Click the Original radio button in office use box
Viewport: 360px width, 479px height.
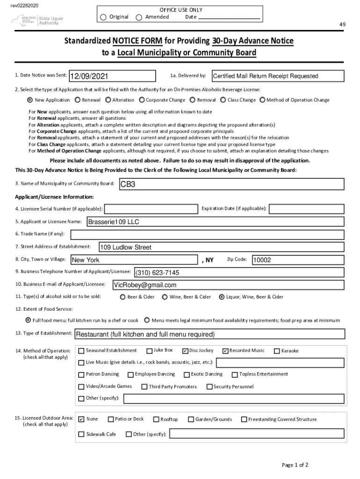pos(103,17)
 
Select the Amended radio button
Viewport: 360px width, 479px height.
pos(139,17)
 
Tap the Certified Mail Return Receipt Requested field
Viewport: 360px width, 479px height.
pos(278,76)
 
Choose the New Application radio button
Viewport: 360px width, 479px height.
pos(30,100)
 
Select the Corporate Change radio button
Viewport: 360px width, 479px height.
pos(142,100)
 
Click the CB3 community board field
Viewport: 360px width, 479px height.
pos(231,184)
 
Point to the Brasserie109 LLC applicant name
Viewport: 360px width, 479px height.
pos(114,222)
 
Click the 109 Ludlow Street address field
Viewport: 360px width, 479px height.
pos(125,247)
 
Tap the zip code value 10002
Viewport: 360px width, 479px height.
pos(262,260)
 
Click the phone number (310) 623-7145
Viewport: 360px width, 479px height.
pos(157,273)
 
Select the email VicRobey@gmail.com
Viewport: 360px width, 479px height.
pos(145,285)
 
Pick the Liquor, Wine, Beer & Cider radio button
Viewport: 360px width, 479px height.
pos(222,297)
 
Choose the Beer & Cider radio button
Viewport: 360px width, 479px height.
pos(123,297)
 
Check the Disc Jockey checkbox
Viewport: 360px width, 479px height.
pos(185,351)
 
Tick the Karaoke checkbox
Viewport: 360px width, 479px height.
pos(277,351)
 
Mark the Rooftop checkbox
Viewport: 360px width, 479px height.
pos(157,420)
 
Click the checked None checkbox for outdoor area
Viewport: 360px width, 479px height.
pos(81,420)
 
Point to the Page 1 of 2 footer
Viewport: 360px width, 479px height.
pos(295,464)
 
